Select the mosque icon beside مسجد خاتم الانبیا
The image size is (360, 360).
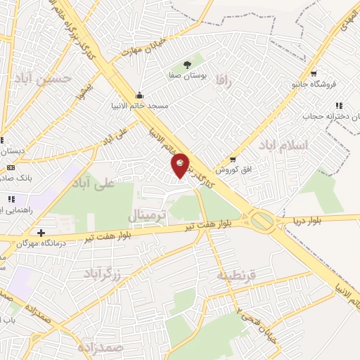140,95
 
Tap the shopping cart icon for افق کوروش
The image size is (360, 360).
233,159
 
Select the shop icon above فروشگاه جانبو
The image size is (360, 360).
314,73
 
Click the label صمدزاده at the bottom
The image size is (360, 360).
102,348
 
